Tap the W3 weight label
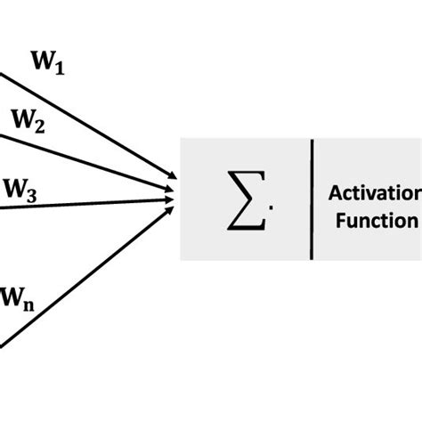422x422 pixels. pyautogui.click(x=20, y=191)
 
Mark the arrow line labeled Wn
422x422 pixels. pyautogui.click(x=89, y=268)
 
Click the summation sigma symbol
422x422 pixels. pyautogui.click(x=245, y=199)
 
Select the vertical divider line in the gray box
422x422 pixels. pyautogui.click(x=312, y=199)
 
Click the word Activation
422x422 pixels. pyautogui.click(x=374, y=193)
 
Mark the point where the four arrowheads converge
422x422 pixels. pyautogui.click(x=174, y=187)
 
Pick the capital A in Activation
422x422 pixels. pyautogui.click(x=334, y=193)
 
